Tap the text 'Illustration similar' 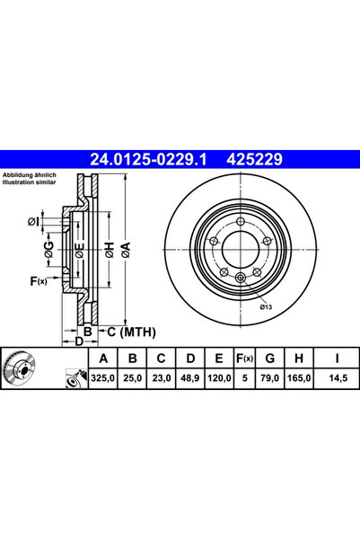(30, 181)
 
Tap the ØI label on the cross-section (34, 221)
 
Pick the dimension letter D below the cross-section (79, 342)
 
